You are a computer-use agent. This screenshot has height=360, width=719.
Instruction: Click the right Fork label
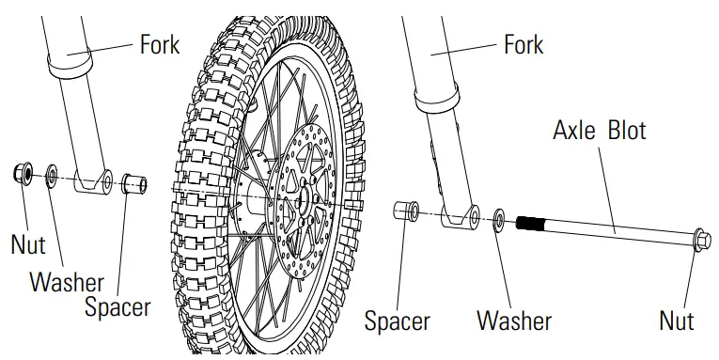click(x=524, y=44)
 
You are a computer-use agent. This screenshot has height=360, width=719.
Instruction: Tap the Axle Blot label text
click(x=599, y=130)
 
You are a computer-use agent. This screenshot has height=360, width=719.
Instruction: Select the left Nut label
click(x=28, y=244)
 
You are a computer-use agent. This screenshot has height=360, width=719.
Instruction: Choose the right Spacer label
click(x=398, y=320)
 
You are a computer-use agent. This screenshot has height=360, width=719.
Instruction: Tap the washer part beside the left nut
click(x=52, y=175)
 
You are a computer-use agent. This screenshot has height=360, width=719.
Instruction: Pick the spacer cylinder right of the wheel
click(x=406, y=209)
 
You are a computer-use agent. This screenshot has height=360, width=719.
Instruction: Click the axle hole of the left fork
click(x=106, y=180)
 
